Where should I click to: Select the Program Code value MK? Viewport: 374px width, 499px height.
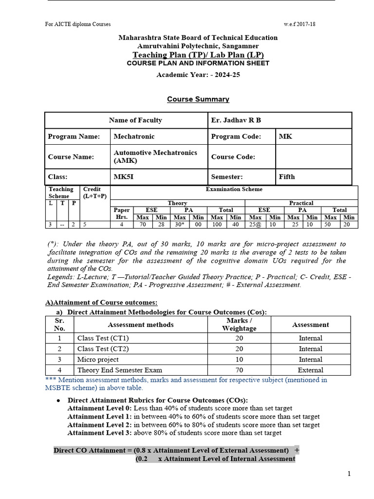click(285, 136)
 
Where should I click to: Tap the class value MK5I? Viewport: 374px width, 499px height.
click(123, 177)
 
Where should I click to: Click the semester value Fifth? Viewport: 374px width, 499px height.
click(287, 177)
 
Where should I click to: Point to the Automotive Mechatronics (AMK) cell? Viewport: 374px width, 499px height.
click(155, 156)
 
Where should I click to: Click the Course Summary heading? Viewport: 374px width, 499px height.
click(191, 99)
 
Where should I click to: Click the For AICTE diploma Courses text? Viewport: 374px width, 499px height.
click(78, 24)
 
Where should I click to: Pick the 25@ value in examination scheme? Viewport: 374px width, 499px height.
click(256, 225)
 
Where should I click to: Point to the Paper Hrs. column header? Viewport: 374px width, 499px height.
click(121, 213)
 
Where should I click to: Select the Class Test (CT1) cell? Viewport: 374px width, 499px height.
click(103, 338)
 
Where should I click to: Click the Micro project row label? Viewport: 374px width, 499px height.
click(98, 359)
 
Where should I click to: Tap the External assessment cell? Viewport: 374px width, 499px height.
click(310, 370)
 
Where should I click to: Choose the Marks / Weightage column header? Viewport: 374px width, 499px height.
click(239, 325)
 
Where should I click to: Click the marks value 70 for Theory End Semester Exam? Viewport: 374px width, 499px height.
click(239, 370)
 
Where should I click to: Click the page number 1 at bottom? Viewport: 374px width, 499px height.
click(349, 474)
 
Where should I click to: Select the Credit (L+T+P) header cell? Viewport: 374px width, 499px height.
click(95, 192)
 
